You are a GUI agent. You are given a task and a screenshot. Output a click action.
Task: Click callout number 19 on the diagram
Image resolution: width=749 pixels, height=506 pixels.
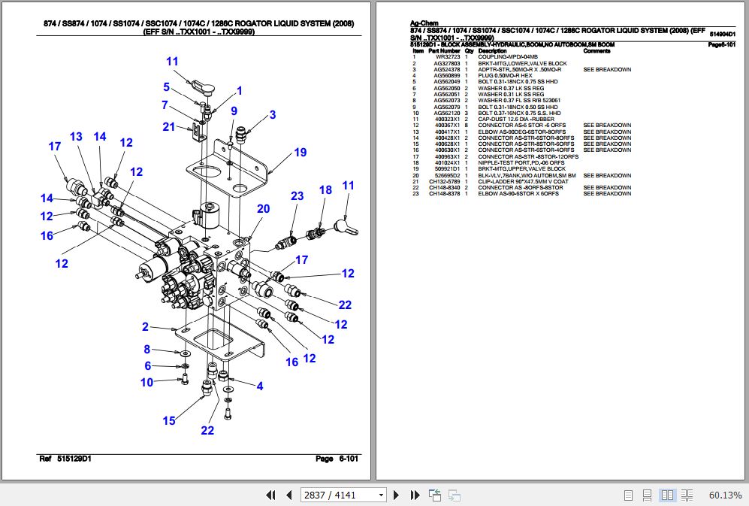[x=300, y=153]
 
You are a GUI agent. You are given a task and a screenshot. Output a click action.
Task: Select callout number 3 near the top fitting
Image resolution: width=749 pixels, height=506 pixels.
[x=273, y=115]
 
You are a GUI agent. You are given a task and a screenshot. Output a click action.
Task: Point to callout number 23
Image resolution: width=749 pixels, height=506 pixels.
[x=297, y=196]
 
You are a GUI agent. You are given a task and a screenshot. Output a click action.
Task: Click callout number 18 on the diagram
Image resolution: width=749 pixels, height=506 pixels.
[x=325, y=190]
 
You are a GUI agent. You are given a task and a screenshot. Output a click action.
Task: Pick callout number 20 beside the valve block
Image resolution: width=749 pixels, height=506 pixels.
[x=263, y=209]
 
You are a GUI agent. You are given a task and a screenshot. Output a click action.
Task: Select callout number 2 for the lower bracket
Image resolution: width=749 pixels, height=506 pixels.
[x=146, y=326]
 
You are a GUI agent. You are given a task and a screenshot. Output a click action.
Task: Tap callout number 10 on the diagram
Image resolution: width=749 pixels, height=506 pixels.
[x=146, y=382]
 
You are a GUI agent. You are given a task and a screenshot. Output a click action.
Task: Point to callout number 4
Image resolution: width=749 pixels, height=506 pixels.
[x=259, y=386]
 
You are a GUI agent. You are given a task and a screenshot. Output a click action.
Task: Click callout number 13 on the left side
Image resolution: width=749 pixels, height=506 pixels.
[x=76, y=136]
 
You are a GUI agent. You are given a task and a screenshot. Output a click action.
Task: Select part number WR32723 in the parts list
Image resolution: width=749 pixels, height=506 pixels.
[x=445, y=57]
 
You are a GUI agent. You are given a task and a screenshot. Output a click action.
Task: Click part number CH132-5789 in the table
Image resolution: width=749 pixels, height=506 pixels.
[x=445, y=181]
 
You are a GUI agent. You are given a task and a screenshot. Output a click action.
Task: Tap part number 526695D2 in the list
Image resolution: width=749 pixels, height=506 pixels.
[x=445, y=175]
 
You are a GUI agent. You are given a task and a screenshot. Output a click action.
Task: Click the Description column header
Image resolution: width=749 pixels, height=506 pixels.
[x=493, y=51]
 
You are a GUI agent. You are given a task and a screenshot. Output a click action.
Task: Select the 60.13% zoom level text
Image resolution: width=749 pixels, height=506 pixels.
[x=725, y=495]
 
